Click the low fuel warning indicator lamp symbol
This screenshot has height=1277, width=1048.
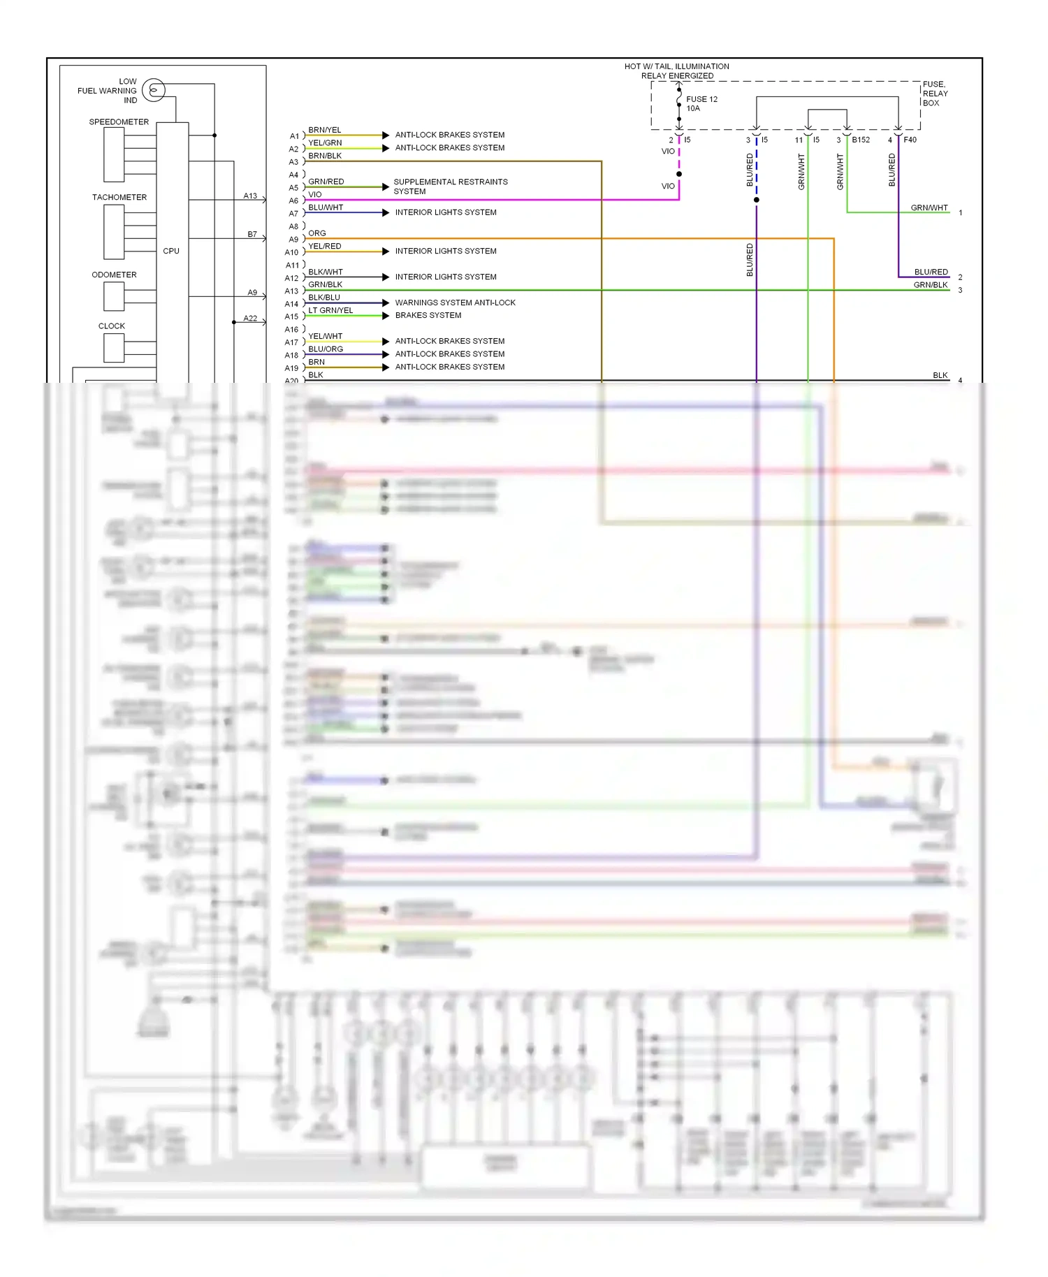[x=154, y=90]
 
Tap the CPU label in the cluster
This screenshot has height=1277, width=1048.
[x=171, y=251]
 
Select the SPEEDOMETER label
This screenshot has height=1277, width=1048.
[x=119, y=122]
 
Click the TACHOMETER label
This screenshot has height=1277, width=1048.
[x=119, y=197]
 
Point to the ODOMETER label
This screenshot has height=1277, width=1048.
[x=114, y=275]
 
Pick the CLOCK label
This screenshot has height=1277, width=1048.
[x=112, y=326]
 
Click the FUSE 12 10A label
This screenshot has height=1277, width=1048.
[x=701, y=103]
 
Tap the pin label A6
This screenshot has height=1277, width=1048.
[x=293, y=200]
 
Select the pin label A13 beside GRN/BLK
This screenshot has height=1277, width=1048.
[x=291, y=291]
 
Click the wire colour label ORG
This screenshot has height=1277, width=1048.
[x=317, y=233]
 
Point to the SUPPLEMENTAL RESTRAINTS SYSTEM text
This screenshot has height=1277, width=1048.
[x=450, y=187]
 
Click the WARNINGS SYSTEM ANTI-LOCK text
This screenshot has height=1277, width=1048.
[x=455, y=302]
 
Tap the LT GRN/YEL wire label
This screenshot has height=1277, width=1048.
[x=330, y=310]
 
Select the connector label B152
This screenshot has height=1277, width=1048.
[x=861, y=140]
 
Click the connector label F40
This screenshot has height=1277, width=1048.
[x=910, y=140]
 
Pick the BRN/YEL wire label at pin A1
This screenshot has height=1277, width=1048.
[x=325, y=130]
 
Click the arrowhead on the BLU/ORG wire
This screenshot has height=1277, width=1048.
[x=386, y=354]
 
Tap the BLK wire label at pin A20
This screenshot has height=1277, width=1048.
[x=316, y=375]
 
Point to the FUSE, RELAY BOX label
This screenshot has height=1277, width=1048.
[x=935, y=94]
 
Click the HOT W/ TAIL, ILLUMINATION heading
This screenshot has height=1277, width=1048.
[x=676, y=66]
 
